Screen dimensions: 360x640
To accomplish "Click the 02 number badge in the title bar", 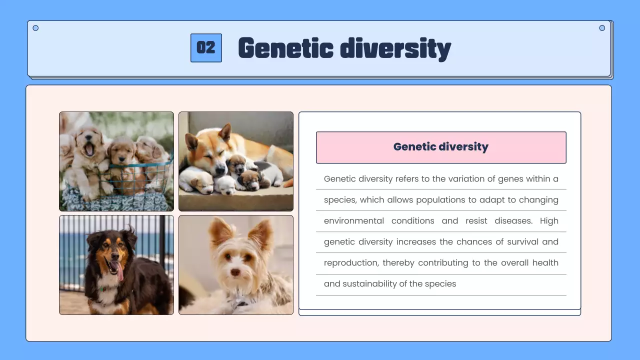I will tap(206, 48).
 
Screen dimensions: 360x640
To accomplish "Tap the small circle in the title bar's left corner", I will tap(35, 28).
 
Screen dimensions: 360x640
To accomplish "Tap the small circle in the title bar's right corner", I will tap(602, 28).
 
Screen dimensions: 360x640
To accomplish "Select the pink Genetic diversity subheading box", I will tap(441, 147).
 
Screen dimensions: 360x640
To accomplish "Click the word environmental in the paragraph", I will tap(354, 221).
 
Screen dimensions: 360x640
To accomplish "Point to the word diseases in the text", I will tap(513, 221).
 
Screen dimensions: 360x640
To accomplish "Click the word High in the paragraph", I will tap(549, 221).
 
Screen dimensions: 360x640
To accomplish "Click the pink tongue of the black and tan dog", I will tap(119, 270).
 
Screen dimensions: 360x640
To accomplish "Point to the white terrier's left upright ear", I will tap(220, 232).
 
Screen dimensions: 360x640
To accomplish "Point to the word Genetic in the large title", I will tap(285, 48).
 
